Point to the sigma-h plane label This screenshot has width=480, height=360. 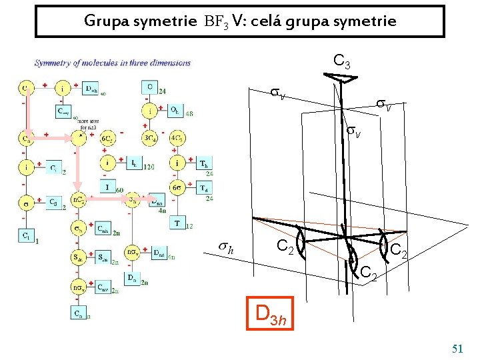tap(227, 247)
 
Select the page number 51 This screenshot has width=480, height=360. tap(457, 348)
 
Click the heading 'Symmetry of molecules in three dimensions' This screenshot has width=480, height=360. tap(113, 63)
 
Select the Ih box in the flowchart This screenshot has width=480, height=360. tap(133, 163)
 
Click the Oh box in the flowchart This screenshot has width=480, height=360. tap(174, 110)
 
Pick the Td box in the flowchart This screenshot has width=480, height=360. tap(204, 187)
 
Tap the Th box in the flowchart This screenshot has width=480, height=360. tap(204, 163)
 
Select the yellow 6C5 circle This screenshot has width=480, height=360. tap(107, 139)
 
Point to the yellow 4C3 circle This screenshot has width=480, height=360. tap(177, 139)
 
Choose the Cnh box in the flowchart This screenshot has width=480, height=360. tap(103, 228)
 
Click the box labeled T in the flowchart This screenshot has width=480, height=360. tap(177, 223)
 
